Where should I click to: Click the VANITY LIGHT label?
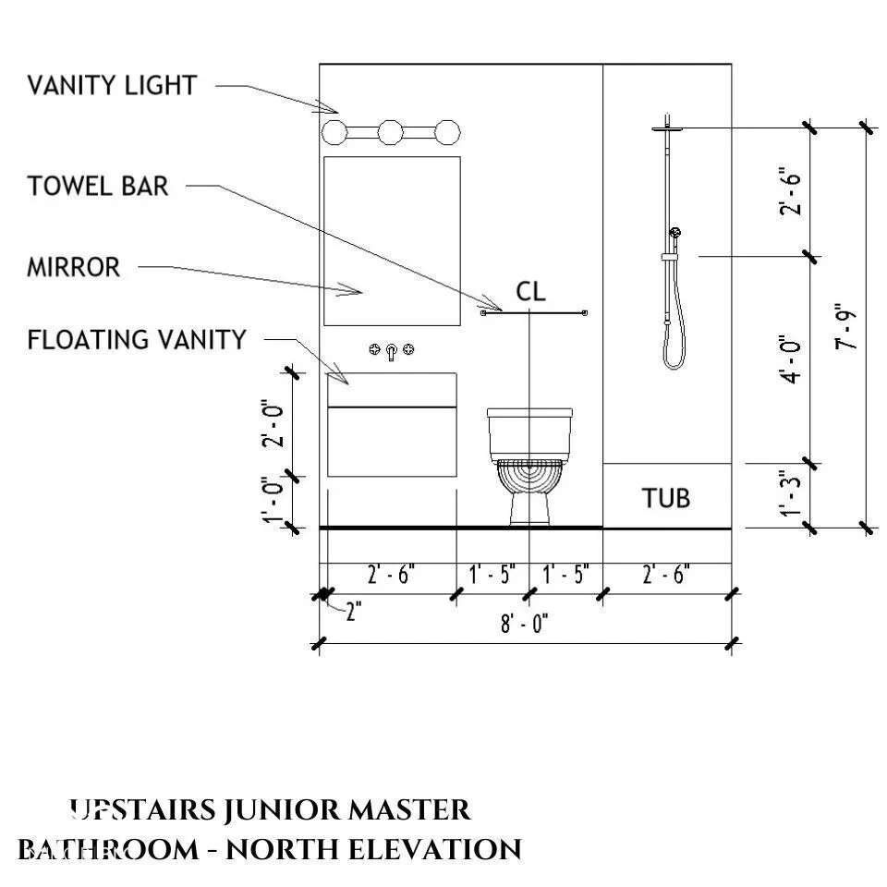click(111, 86)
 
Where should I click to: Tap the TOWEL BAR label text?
click(98, 186)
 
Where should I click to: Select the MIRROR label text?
click(73, 268)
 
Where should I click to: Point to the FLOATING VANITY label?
click(137, 340)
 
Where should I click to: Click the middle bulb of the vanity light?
click(392, 131)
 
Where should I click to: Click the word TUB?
click(666, 498)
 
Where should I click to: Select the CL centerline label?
click(530, 292)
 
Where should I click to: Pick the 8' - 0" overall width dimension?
click(525, 625)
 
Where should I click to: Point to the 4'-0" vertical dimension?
click(791, 359)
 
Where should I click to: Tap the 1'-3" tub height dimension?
click(791, 494)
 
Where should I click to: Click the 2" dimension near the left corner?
click(355, 612)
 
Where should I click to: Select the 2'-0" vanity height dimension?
click(272, 423)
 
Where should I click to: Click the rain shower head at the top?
click(666, 128)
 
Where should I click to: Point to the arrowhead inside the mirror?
click(352, 292)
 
